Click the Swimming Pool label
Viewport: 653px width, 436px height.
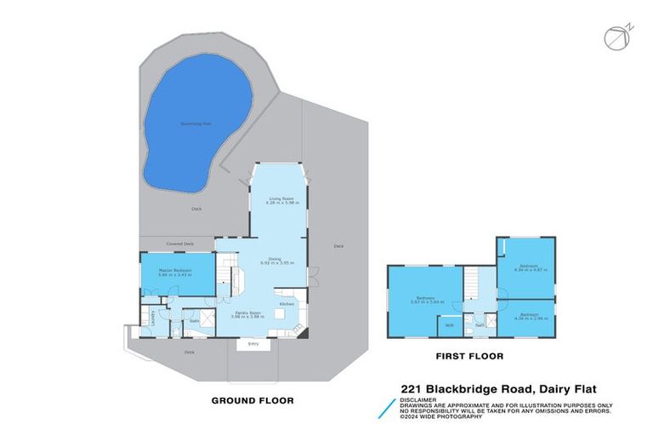(x=196, y=123)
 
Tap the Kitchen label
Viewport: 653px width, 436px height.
(x=287, y=304)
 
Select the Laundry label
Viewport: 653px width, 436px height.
(x=153, y=316)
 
